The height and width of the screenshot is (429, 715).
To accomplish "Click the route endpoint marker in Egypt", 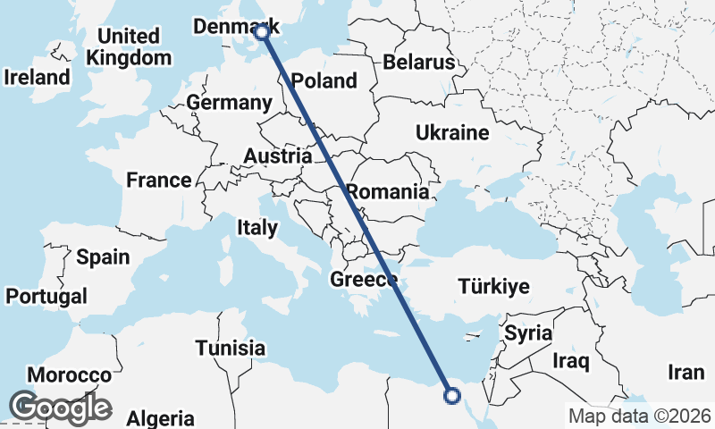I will [x=452, y=395].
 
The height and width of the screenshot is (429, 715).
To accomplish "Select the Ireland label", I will [x=37, y=77].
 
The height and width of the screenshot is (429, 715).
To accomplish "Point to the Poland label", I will [x=324, y=80].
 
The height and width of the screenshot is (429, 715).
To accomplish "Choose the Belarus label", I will [x=419, y=62].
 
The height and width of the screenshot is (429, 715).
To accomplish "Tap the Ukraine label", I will [x=452, y=133].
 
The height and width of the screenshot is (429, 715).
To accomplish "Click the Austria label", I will [x=277, y=156].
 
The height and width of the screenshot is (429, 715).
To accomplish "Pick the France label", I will [x=159, y=180].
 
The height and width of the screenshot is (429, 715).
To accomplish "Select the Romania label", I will [x=387, y=191].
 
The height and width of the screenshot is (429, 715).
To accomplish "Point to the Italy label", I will [x=257, y=228].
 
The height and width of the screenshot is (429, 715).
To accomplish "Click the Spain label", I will [x=103, y=257].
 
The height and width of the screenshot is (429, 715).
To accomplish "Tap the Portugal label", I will [x=46, y=296].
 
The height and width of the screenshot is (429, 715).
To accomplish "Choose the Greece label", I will [x=364, y=280].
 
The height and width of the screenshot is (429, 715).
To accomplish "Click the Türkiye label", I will [x=494, y=287].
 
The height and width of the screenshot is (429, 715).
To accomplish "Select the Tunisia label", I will [x=231, y=348].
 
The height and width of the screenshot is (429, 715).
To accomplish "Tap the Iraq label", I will [x=571, y=361].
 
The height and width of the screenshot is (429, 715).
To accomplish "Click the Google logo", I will [x=60, y=408].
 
